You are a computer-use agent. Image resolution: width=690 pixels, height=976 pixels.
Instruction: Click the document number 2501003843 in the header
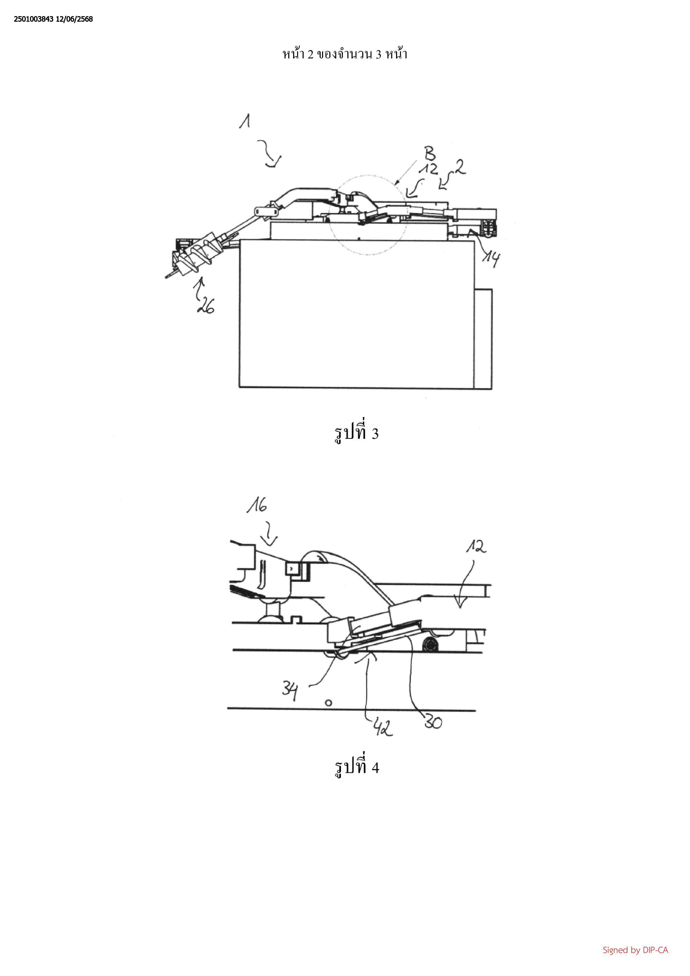(34, 19)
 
